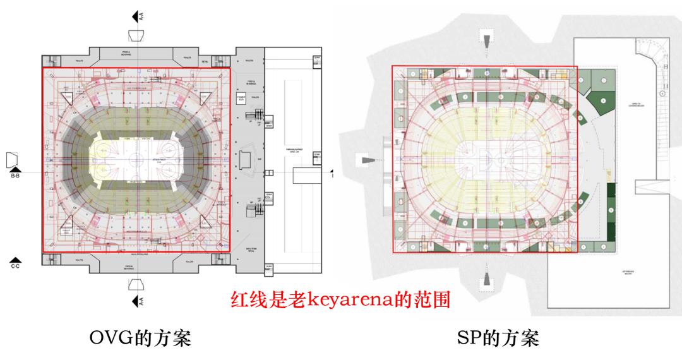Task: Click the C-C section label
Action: coord(15,264)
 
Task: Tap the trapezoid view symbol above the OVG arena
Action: coord(137,34)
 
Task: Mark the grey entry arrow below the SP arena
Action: coord(487,279)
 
